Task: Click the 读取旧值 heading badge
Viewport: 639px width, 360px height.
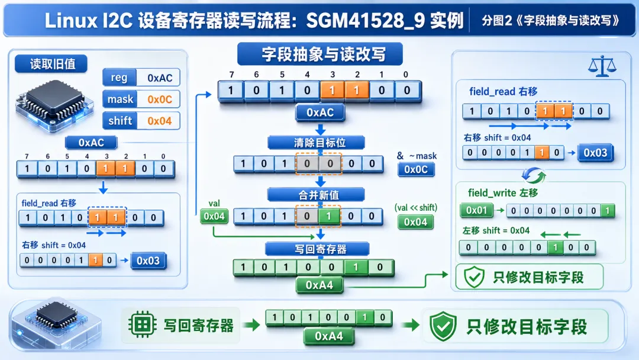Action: pyautogui.click(x=51, y=64)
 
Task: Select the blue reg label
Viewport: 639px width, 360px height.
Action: pyautogui.click(x=119, y=78)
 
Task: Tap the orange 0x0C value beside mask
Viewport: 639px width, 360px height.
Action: pyautogui.click(x=160, y=99)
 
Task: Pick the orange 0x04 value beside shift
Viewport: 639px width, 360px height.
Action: pyautogui.click(x=160, y=121)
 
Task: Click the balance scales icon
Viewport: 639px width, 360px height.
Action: pyautogui.click(x=602, y=66)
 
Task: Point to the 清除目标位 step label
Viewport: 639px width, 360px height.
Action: pyautogui.click(x=320, y=143)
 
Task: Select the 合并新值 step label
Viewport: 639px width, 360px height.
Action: pyautogui.click(x=319, y=195)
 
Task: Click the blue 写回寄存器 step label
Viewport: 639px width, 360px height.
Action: pyautogui.click(x=320, y=249)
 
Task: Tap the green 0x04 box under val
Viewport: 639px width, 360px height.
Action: pyautogui.click(x=214, y=216)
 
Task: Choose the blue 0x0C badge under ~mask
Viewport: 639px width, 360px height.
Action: pyautogui.click(x=416, y=169)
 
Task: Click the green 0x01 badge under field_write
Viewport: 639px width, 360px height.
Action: pyautogui.click(x=476, y=210)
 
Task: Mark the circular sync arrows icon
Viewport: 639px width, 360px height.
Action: pyautogui.click(x=534, y=176)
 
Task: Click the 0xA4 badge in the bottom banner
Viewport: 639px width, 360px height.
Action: pyautogui.click(x=329, y=336)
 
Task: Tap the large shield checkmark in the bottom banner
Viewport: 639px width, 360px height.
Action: pyautogui.click(x=443, y=326)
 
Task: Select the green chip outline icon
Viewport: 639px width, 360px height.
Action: pyautogui.click(x=142, y=324)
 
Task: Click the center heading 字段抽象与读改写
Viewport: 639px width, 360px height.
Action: pyautogui.click(x=320, y=54)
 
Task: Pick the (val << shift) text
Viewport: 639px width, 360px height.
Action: pyautogui.click(x=416, y=207)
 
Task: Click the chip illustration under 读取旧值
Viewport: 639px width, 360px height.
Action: pyautogui.click(x=54, y=105)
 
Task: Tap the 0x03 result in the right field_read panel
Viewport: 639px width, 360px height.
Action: pyautogui.click(x=595, y=153)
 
